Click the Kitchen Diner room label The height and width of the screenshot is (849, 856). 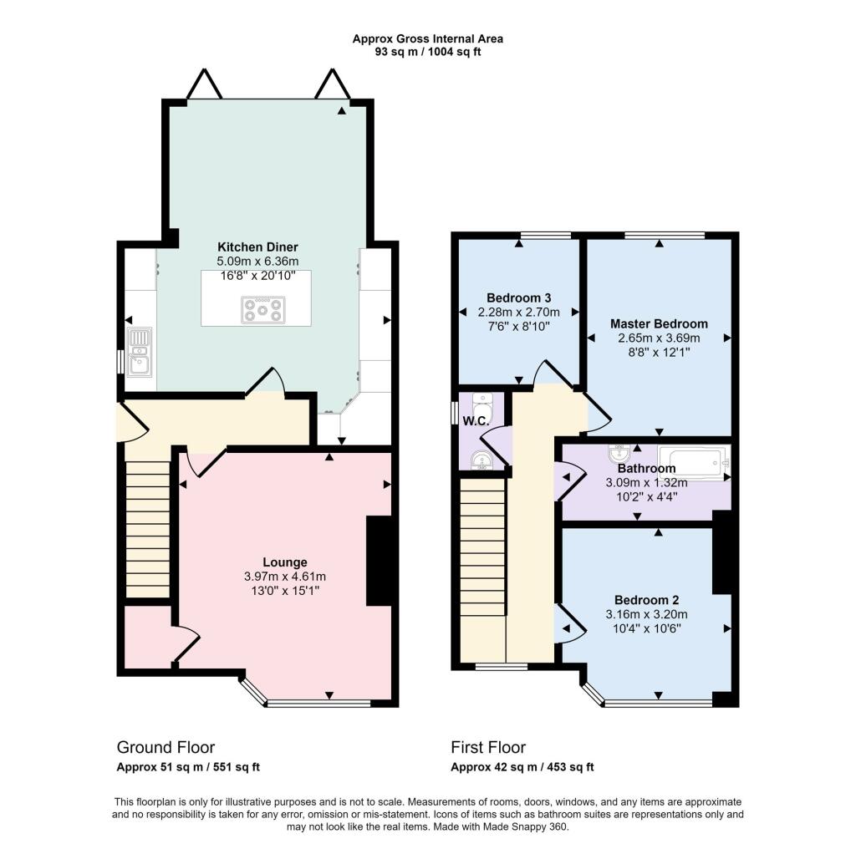pyautogui.click(x=257, y=247)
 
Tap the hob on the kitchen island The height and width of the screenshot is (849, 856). pyautogui.click(x=262, y=310)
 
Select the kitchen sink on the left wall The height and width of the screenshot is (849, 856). pyautogui.click(x=139, y=350)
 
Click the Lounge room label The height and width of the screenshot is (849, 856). pyautogui.click(x=285, y=562)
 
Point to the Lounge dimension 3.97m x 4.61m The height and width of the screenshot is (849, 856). pyautogui.click(x=285, y=577)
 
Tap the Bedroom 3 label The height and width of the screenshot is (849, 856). pyautogui.click(x=518, y=297)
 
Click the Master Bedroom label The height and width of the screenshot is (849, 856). pyautogui.click(x=659, y=324)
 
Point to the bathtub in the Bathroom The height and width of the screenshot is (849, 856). pyautogui.click(x=694, y=460)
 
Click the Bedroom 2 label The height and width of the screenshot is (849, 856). pyautogui.click(x=646, y=600)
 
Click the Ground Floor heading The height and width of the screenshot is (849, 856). pyautogui.click(x=166, y=747)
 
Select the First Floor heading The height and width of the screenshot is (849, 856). pyautogui.click(x=488, y=747)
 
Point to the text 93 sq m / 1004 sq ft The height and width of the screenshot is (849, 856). pyautogui.click(x=428, y=52)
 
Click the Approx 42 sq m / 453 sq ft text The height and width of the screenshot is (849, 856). pyautogui.click(x=522, y=767)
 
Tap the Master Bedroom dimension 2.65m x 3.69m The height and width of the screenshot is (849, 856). pyautogui.click(x=659, y=338)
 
